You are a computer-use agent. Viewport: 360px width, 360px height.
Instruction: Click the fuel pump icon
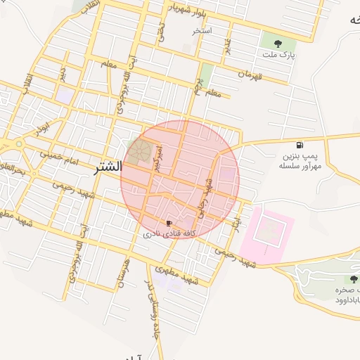pos(301,145)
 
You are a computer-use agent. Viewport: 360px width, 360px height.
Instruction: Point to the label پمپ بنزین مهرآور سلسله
pos(300,161)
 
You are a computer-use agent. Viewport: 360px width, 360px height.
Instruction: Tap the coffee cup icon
pos(168,223)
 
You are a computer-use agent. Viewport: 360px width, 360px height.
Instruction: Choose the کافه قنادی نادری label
pos(169,233)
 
